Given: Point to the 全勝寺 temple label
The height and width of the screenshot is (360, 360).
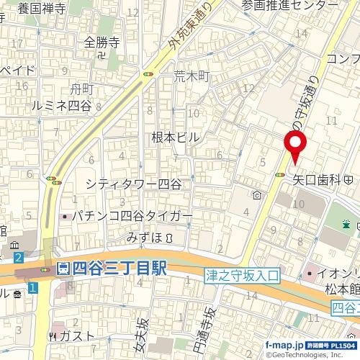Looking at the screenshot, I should (101, 42).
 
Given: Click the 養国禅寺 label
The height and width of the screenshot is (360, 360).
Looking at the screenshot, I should (42, 9).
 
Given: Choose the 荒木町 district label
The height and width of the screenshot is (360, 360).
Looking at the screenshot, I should (191, 76).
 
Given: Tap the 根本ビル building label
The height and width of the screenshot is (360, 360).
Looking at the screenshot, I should (175, 137).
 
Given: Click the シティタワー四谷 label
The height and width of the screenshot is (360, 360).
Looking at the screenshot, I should (133, 184).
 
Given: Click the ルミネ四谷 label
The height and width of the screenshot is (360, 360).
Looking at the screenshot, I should (62, 105).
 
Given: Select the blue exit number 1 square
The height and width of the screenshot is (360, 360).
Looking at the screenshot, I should (32, 288).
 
